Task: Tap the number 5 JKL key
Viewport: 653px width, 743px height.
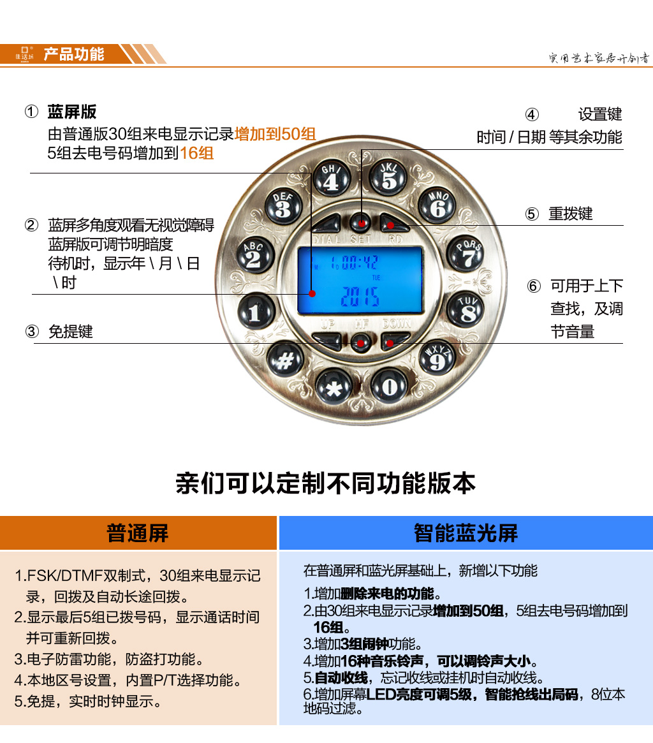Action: (388, 177)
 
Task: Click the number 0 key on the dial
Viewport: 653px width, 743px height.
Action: (389, 386)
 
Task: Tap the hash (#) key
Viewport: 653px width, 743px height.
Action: (285, 359)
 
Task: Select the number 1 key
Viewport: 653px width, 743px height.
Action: (256, 311)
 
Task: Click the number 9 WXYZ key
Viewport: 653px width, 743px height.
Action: (437, 357)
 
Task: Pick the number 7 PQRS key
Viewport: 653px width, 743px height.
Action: (466, 254)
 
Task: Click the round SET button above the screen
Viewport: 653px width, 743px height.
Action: (361, 222)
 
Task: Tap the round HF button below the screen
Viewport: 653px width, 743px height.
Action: (361, 342)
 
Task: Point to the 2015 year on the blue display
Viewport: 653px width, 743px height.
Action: (360, 297)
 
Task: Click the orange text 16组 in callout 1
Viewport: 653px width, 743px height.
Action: (196, 153)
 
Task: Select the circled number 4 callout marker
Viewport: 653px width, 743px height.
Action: (532, 115)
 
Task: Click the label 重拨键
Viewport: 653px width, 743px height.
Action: (571, 214)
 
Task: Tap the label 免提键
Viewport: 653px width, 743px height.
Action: (71, 331)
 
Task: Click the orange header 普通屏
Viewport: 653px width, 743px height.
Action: (138, 533)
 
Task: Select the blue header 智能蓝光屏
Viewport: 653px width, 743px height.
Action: (466, 533)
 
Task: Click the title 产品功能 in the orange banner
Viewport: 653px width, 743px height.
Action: (74, 54)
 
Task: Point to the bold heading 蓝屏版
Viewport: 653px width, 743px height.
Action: (72, 112)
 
